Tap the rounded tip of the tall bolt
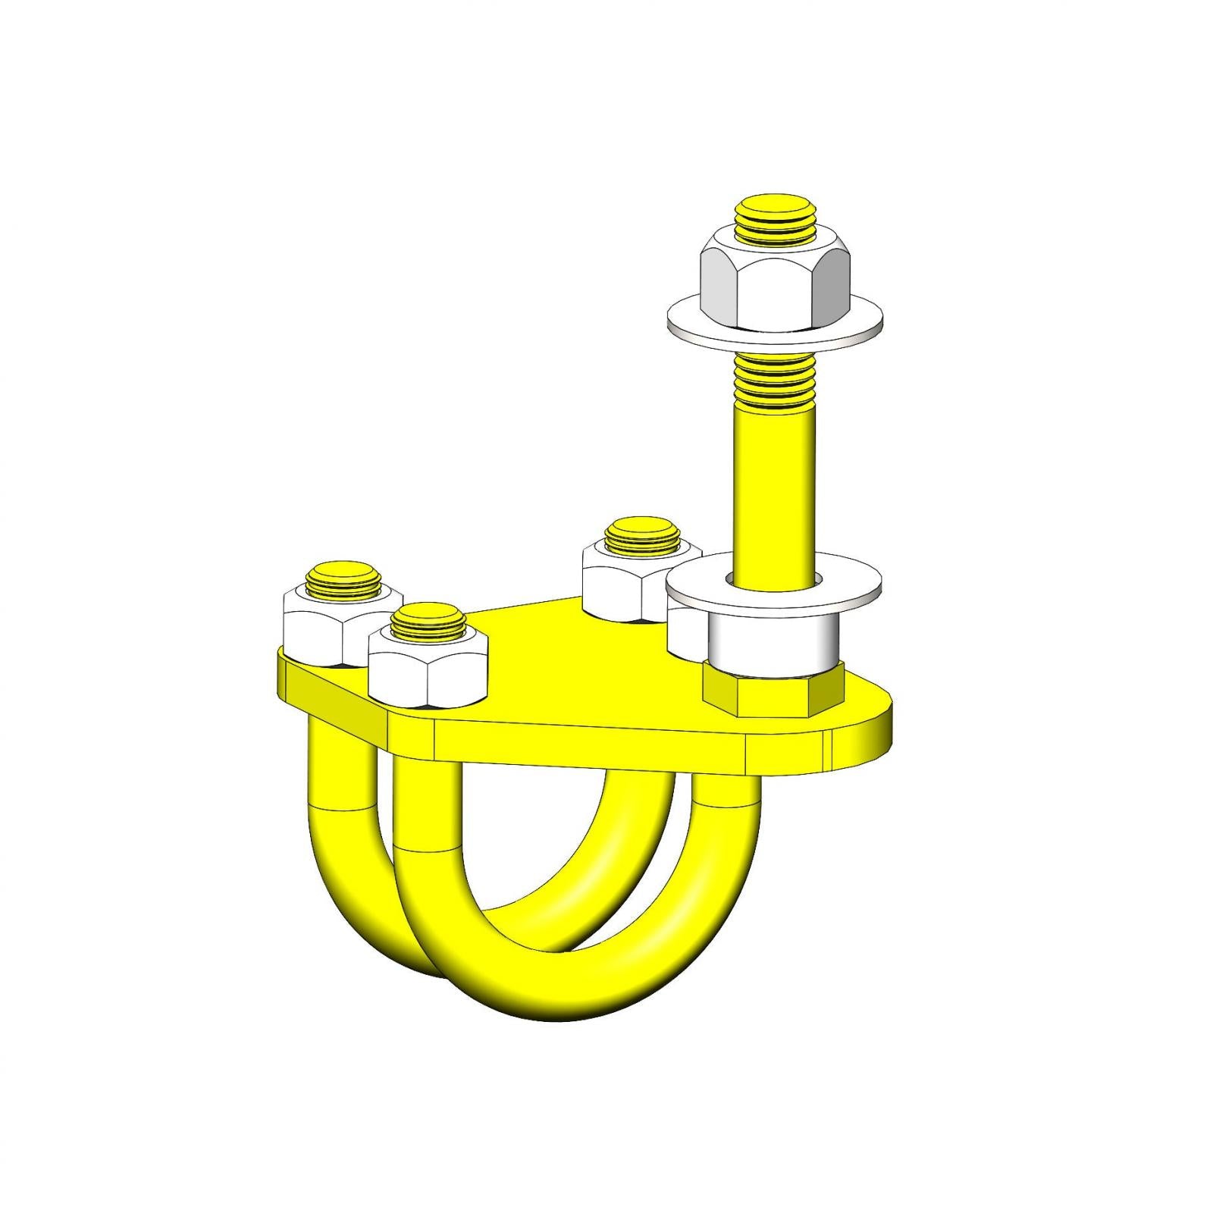tap(773, 208)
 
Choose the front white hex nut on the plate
tap(426, 671)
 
